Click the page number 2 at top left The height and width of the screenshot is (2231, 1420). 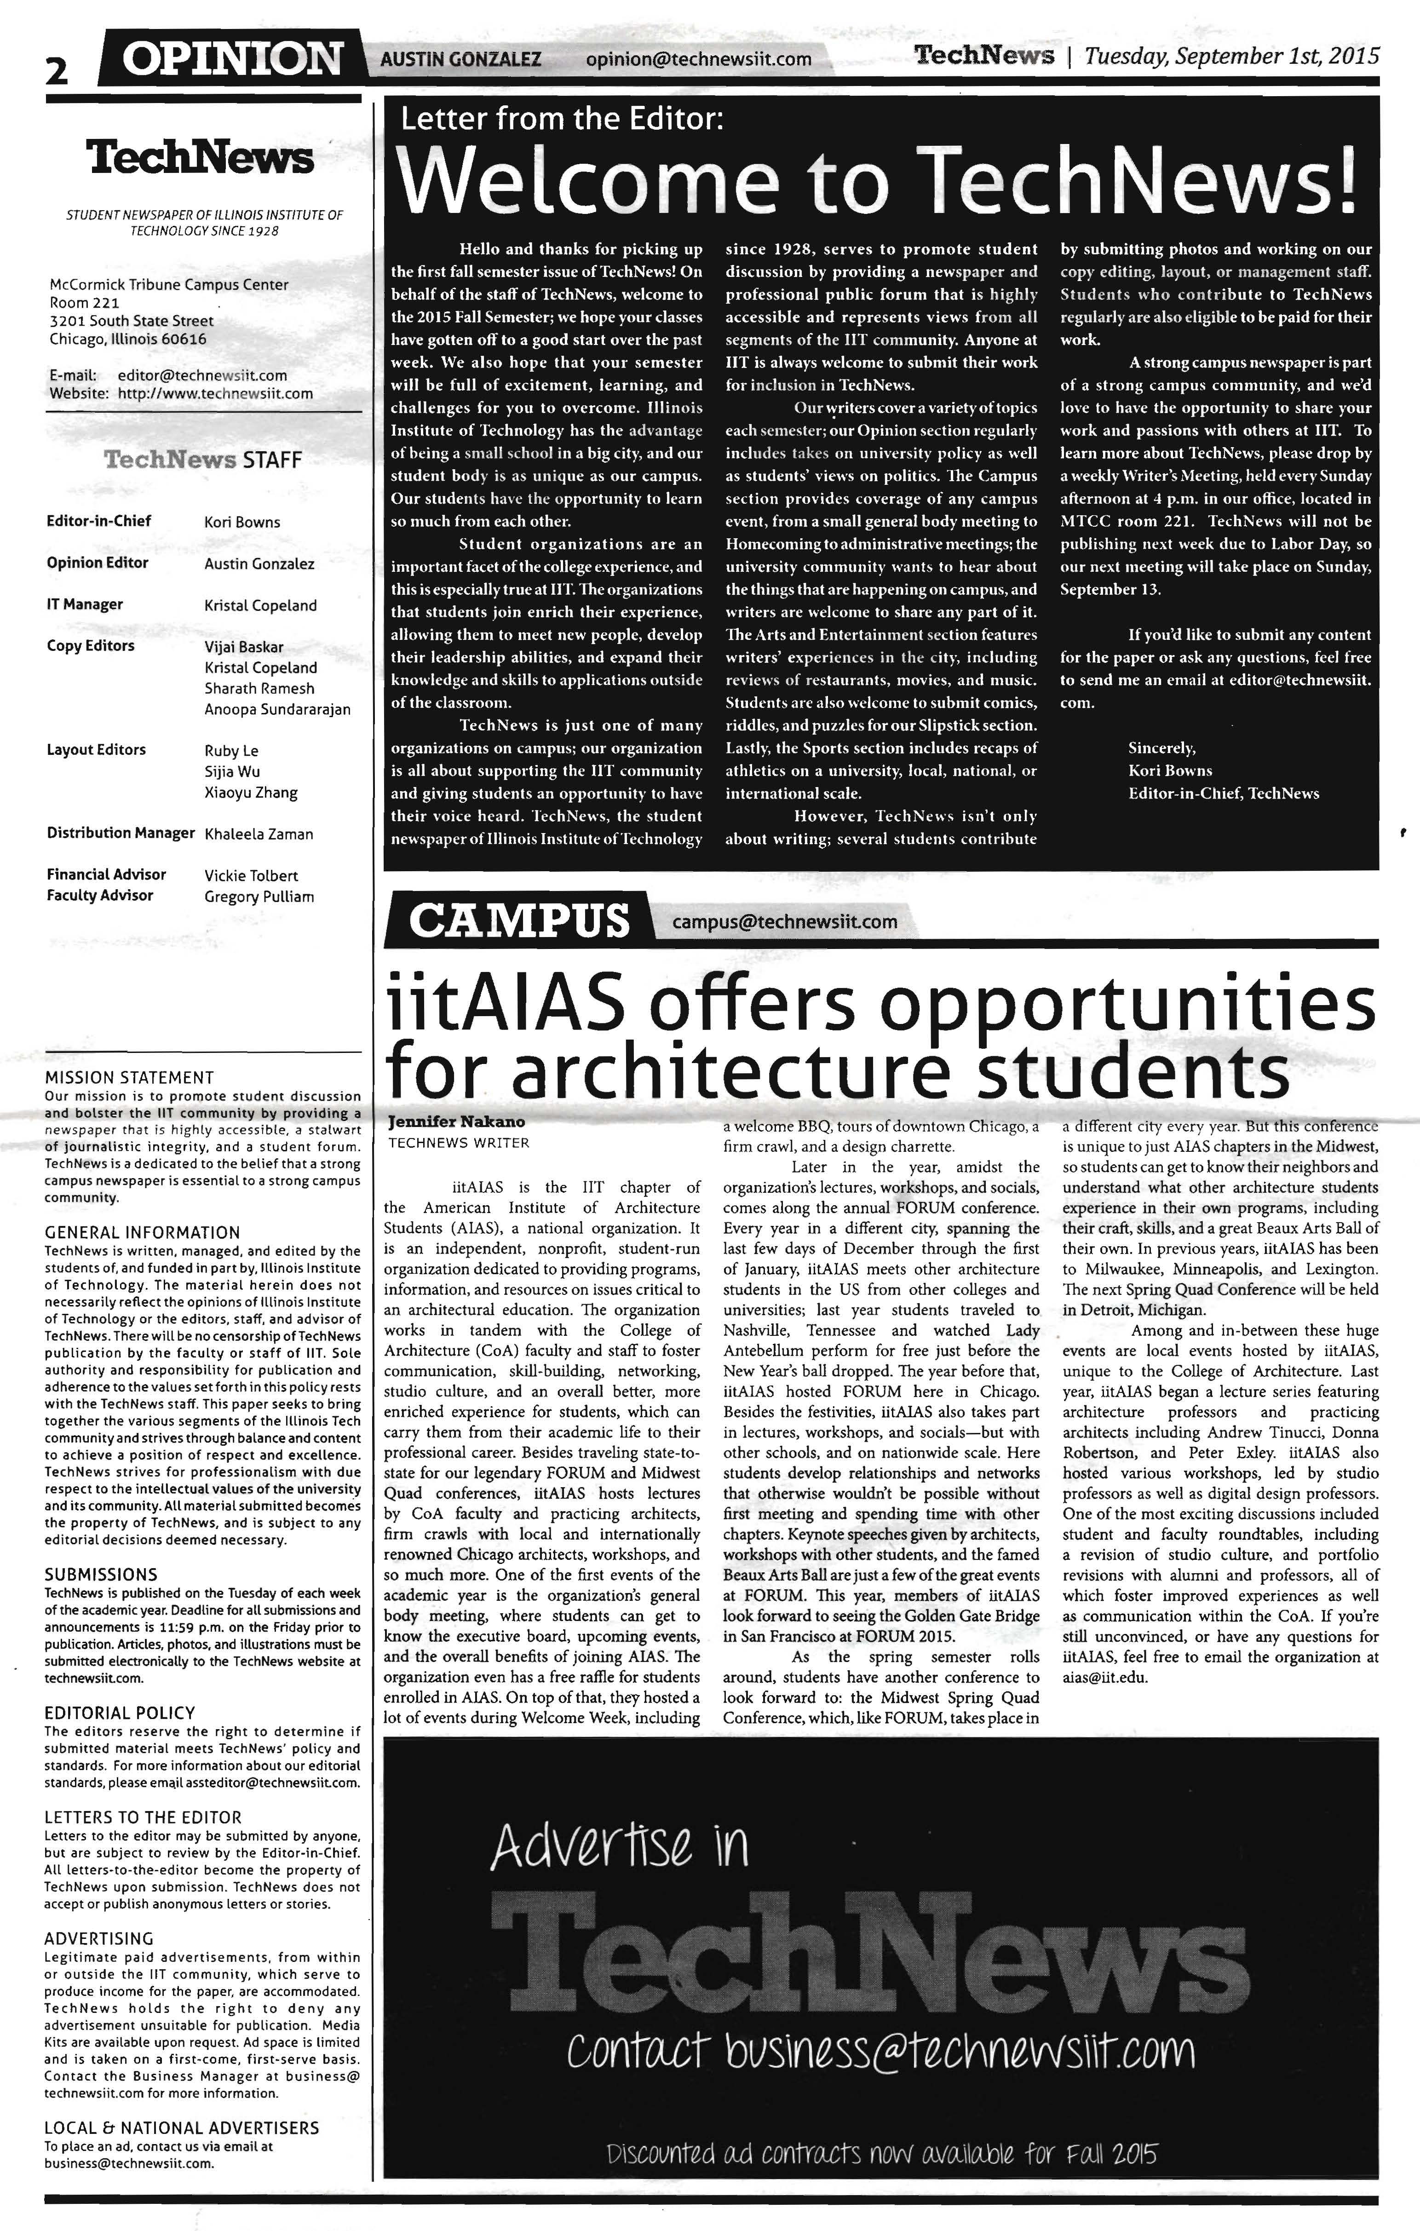point(57,71)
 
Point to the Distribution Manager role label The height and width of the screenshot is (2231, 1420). point(121,833)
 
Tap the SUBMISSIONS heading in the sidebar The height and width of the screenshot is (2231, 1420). point(101,1574)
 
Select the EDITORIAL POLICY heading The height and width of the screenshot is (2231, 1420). point(120,1713)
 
